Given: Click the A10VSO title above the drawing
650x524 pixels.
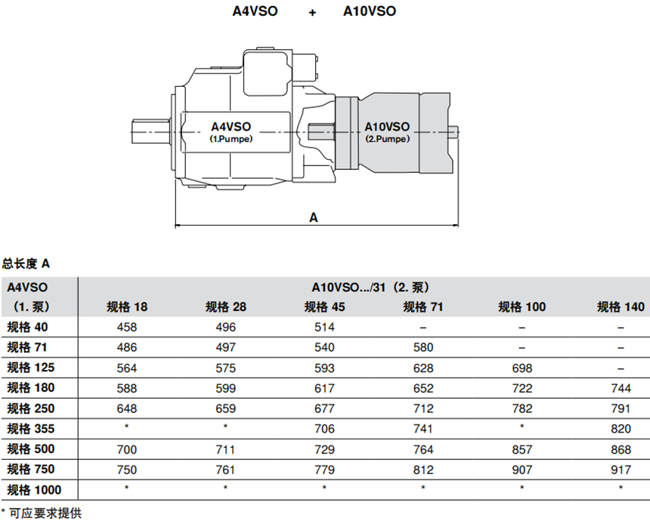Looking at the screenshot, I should [x=369, y=11].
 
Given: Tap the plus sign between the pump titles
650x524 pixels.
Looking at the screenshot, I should [x=312, y=12].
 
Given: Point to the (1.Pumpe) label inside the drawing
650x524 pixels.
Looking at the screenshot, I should [x=231, y=140].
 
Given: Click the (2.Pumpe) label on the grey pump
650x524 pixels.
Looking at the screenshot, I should [x=387, y=139].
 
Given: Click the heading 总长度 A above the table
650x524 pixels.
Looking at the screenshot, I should [x=26, y=264].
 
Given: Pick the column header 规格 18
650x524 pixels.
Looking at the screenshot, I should [x=126, y=307].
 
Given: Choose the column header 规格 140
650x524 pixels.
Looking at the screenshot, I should [x=621, y=307].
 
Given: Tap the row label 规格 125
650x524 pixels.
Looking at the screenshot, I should [x=29, y=368].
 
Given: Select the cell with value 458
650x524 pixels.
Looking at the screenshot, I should [x=126, y=327].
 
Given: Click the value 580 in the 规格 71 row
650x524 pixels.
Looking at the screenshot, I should [x=423, y=347].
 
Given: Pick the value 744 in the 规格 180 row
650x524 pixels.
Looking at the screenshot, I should [x=621, y=388].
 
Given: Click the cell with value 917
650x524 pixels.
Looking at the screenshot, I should [x=621, y=468].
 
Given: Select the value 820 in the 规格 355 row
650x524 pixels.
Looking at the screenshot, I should [x=621, y=428].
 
